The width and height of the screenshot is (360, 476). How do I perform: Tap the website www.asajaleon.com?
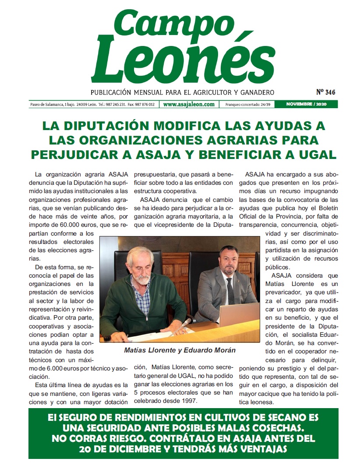[x=189, y=105]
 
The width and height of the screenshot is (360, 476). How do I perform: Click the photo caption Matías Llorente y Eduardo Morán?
[x=180, y=350]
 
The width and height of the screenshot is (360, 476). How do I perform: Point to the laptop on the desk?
[x=239, y=315]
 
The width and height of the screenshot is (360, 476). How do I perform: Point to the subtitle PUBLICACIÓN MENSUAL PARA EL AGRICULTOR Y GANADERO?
[x=182, y=92]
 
